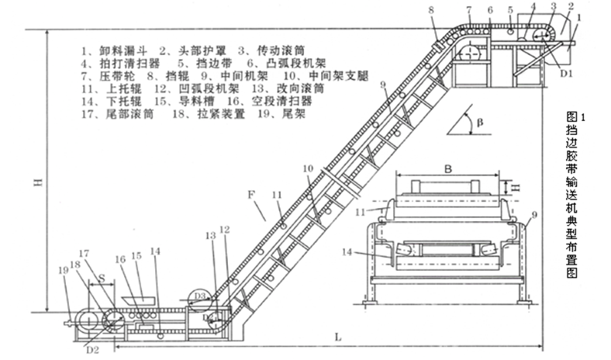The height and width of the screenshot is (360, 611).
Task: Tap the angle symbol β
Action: pos(481,123)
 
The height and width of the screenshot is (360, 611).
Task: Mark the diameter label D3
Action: pos(200,296)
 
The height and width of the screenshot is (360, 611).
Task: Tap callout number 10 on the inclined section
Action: pos(307,168)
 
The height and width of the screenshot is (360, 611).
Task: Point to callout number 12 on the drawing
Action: pos(225,230)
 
